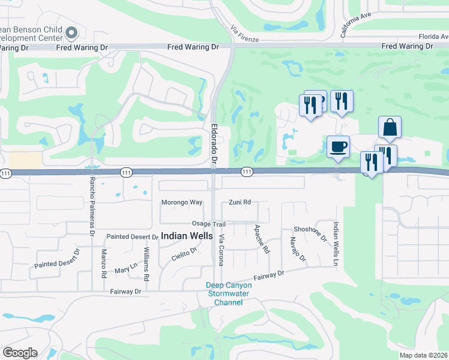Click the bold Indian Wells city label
(x=187, y=236)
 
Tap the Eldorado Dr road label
(x=214, y=143)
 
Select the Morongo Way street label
(x=182, y=202)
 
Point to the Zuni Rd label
(x=240, y=202)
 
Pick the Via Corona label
(x=221, y=247)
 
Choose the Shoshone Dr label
(x=310, y=233)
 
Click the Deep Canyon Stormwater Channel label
(x=229, y=293)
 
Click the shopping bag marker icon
(x=390, y=128)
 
